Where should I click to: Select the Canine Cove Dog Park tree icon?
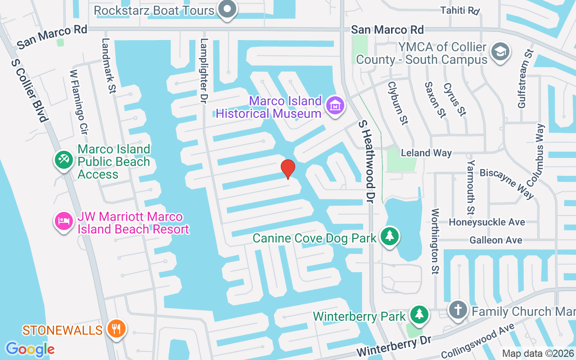pyautogui.click(x=390, y=237)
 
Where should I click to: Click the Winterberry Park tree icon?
pyautogui.click(x=420, y=315)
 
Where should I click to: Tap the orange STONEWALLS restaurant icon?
pyautogui.click(x=117, y=329)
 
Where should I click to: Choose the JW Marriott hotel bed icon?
pyautogui.click(x=63, y=221)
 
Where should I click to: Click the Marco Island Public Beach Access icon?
pyautogui.click(x=63, y=160)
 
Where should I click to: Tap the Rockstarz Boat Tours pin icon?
pyautogui.click(x=227, y=9)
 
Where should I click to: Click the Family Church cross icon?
pyautogui.click(x=458, y=310)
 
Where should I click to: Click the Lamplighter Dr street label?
pyautogui.click(x=204, y=70)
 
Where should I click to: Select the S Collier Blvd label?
pyautogui.click(x=29, y=90)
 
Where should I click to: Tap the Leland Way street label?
pyautogui.click(x=426, y=153)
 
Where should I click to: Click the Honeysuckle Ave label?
pyautogui.click(x=487, y=222)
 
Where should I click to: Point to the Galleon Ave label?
pyautogui.click(x=496, y=240)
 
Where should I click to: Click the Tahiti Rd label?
pyautogui.click(x=460, y=10)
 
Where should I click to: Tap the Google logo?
pyautogui.click(x=30, y=349)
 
